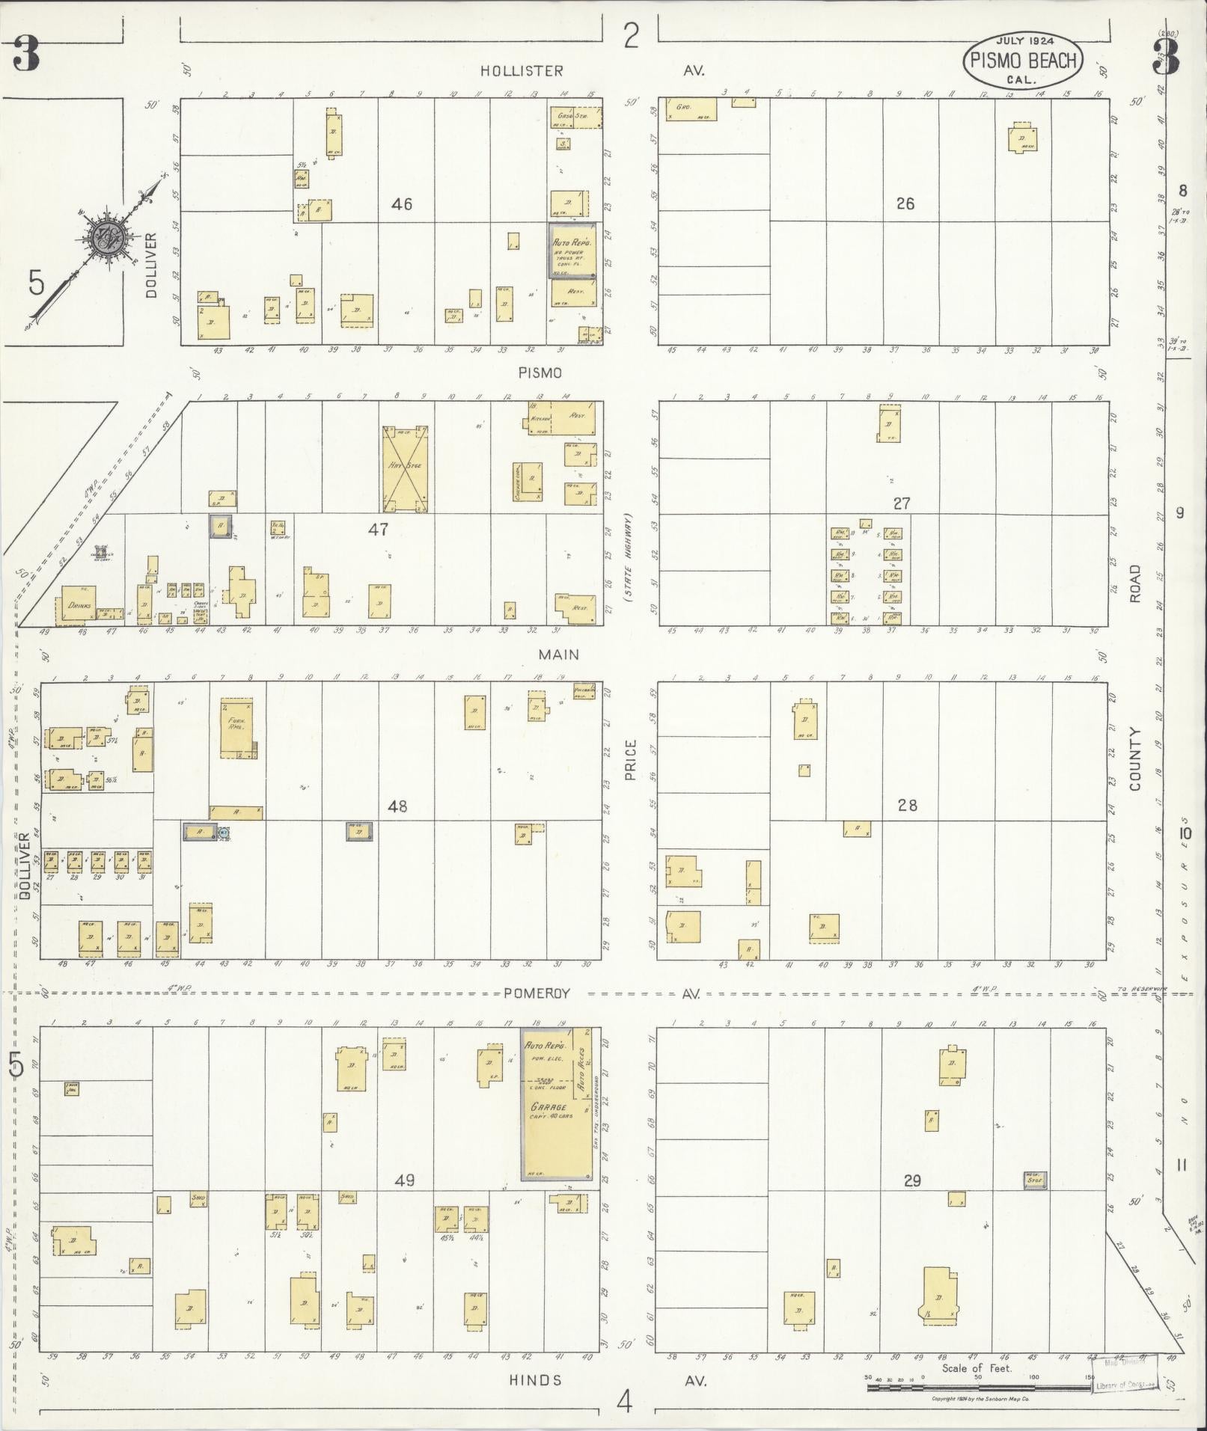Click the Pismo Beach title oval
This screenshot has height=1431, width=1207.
click(x=1022, y=61)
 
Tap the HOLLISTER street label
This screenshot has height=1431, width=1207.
click(x=522, y=71)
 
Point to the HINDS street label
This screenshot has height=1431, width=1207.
click(x=535, y=1380)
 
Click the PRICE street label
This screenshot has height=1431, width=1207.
click(x=630, y=760)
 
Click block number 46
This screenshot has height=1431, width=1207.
click(x=402, y=203)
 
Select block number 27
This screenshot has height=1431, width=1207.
click(x=902, y=503)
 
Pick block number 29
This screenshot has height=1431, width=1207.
click(x=911, y=1181)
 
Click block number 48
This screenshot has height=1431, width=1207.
click(x=397, y=806)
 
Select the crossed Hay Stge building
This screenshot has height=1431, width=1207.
click(x=405, y=468)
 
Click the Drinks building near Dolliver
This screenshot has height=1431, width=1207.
click(x=78, y=606)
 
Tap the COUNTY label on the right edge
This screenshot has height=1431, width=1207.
click(x=1136, y=759)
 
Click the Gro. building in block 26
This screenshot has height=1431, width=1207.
click(x=691, y=110)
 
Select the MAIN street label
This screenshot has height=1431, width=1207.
click(x=559, y=655)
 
